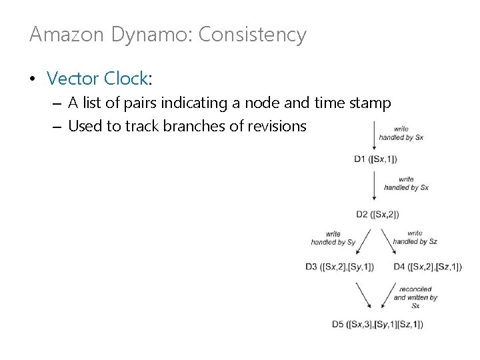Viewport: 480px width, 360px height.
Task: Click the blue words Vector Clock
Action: [x=97, y=78]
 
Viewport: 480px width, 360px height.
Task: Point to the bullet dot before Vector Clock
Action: [x=33, y=79]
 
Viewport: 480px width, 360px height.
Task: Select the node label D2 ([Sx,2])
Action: [x=378, y=214]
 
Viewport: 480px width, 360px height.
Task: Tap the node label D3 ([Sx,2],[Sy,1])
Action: [x=339, y=267]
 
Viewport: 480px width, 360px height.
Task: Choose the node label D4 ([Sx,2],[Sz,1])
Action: [x=427, y=267]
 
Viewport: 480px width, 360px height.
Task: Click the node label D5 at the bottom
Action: [x=377, y=325]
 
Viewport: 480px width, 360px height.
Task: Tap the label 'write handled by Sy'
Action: [x=333, y=238]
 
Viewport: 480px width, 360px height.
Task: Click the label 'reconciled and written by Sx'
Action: [x=415, y=297]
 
